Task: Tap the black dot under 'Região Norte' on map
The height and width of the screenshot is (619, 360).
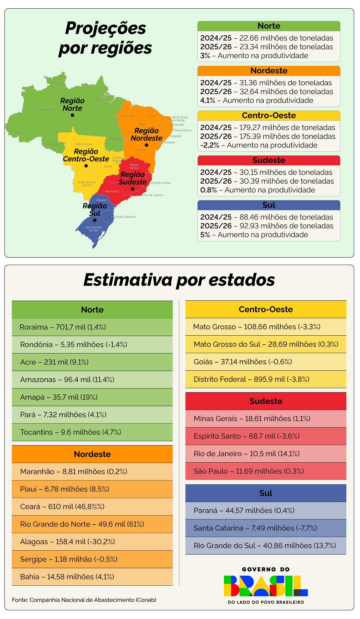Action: pyautogui.click(x=72, y=115)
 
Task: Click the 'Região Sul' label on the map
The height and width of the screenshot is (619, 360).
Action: pyautogui.click(x=95, y=209)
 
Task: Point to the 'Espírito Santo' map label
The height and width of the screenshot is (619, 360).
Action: pyautogui.click(x=161, y=183)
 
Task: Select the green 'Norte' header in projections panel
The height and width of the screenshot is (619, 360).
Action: pyautogui.click(x=269, y=26)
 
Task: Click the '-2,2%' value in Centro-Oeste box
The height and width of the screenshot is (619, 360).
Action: pyautogui.click(x=210, y=145)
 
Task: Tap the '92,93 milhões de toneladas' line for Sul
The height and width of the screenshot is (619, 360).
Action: pyautogui.click(x=286, y=226)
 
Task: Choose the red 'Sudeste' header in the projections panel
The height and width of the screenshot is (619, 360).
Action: pyautogui.click(x=269, y=160)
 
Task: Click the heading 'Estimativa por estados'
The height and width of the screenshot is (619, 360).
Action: pyautogui.click(x=179, y=280)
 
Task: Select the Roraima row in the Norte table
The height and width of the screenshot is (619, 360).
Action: pyautogui.click(x=92, y=327)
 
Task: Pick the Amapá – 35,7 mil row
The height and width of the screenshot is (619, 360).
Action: pyautogui.click(x=92, y=397)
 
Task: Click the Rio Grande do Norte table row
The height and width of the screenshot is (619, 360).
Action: pyautogui.click(x=92, y=524)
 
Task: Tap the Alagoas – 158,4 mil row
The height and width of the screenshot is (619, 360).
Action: pyautogui.click(x=92, y=542)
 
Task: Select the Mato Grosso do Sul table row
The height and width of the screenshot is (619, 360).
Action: pyautogui.click(x=266, y=344)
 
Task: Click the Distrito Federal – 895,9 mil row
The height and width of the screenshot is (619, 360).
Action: pyautogui.click(x=266, y=379)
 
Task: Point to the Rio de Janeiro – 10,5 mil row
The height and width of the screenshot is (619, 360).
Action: pyautogui.click(x=266, y=454)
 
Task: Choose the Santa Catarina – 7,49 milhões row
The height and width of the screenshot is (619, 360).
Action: pyautogui.click(x=266, y=528)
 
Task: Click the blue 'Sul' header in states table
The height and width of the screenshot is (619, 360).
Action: pyautogui.click(x=266, y=493)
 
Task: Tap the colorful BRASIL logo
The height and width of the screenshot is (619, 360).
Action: pyautogui.click(x=266, y=586)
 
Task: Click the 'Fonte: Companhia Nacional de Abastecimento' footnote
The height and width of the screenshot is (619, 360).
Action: pyautogui.click(x=84, y=600)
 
